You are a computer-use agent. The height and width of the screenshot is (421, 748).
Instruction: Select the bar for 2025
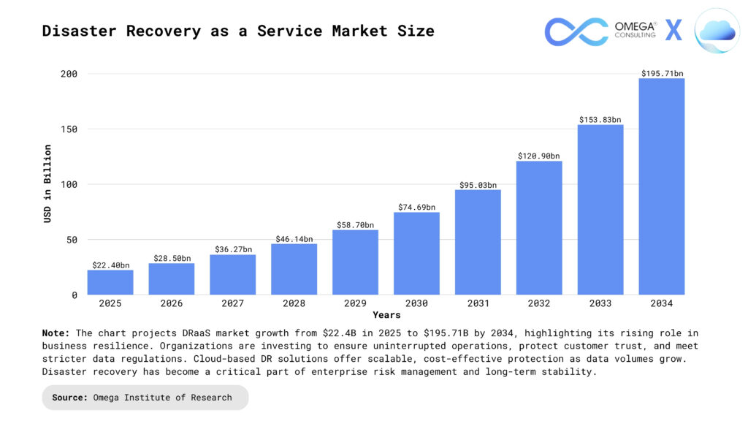[x=110, y=282]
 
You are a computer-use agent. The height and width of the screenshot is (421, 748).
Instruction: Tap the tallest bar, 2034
[x=661, y=186]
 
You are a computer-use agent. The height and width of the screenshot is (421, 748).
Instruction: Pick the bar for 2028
[x=294, y=269]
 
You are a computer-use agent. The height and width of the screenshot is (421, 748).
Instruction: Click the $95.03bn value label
[x=478, y=185]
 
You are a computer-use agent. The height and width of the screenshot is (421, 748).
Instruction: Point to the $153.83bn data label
[x=600, y=120]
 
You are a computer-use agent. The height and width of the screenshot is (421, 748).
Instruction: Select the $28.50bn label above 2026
[x=172, y=259]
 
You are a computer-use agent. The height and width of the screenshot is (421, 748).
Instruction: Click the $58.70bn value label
[x=355, y=225]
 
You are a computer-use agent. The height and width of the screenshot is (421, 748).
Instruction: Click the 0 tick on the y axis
[x=75, y=295]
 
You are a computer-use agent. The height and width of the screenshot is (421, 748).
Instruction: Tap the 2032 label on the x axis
[x=539, y=303]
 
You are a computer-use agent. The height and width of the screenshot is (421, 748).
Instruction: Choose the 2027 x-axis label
[x=233, y=303]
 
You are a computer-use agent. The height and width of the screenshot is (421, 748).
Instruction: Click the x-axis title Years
[x=386, y=315]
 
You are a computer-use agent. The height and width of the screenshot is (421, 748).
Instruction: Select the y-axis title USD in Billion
[x=48, y=183]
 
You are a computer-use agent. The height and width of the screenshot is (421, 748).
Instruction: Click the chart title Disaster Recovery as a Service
[x=238, y=31]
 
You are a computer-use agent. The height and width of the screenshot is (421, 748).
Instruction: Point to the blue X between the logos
[x=673, y=31]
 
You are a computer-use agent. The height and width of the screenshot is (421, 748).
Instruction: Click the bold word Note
[x=56, y=333]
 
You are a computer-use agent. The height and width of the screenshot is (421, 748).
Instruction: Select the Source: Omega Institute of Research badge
[x=145, y=398]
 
